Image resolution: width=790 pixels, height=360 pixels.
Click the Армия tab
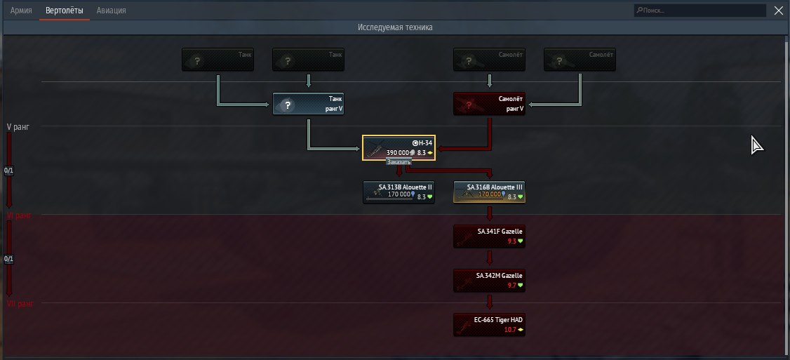[21, 11]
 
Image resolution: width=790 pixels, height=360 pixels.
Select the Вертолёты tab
[64, 11]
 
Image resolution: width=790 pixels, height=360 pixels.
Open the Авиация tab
[112, 11]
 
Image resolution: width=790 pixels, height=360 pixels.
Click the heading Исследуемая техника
[395, 27]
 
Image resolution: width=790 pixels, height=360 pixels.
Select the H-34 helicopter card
[399, 147]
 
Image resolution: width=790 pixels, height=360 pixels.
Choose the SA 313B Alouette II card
[399, 192]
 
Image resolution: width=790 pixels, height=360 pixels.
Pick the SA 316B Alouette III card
[489, 192]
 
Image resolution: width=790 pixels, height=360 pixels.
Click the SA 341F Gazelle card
[489, 236]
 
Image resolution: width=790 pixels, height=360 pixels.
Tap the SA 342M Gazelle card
[489, 280]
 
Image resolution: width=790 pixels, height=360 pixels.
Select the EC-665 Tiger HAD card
[489, 324]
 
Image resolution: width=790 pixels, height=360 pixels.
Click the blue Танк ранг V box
[308, 105]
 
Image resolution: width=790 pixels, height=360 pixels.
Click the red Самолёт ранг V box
[490, 105]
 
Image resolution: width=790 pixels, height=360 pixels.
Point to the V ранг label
[18, 127]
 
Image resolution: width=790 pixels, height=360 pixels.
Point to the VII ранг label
[19, 303]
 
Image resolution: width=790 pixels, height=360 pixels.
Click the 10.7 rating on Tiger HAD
[511, 329]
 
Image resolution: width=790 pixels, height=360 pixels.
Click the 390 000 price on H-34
[398, 152]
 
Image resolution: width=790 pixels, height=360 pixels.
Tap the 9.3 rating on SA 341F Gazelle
[511, 241]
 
